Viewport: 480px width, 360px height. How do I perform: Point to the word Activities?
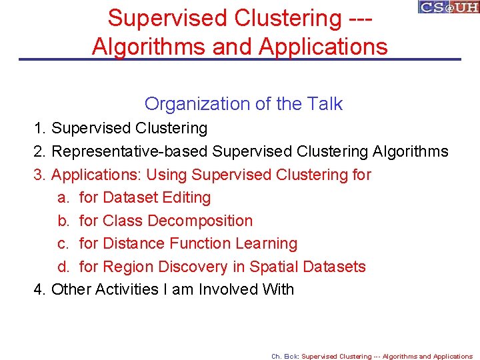(x=122, y=289)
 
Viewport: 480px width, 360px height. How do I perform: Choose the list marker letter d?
(x=63, y=267)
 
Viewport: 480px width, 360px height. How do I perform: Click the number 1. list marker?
(x=40, y=128)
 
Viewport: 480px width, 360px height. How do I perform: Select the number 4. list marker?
(x=40, y=289)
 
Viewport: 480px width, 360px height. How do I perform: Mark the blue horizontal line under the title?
(x=240, y=60)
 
